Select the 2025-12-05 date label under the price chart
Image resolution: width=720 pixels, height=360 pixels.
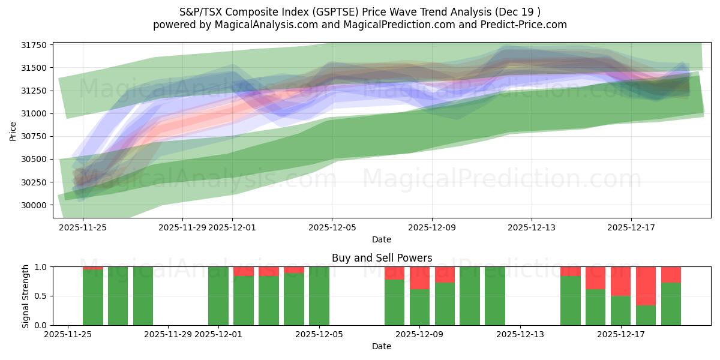click(x=332, y=227)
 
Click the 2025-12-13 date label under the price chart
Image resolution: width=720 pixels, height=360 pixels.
click(x=531, y=227)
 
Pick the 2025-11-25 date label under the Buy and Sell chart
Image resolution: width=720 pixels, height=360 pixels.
click(x=70, y=335)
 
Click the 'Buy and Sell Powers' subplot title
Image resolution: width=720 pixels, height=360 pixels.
click(x=382, y=258)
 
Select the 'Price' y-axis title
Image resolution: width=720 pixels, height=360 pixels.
click(x=13, y=130)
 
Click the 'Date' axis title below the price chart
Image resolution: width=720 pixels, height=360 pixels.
click(x=382, y=239)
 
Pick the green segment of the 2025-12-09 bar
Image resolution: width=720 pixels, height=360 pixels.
click(x=420, y=307)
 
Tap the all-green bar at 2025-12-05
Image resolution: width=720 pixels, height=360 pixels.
click(x=319, y=296)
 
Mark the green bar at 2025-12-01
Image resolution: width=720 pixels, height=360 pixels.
click(x=218, y=296)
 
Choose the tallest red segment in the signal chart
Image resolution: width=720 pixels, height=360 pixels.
click(x=646, y=286)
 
